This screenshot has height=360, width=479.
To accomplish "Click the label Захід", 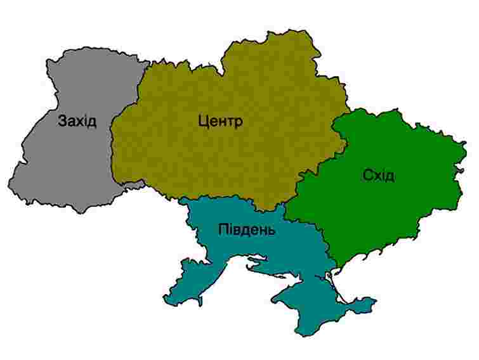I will click(77, 120).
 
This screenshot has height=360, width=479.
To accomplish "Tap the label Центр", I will click(220, 121).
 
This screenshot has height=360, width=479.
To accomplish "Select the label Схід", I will click(379, 175).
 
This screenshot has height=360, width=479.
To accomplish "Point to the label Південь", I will click(247, 229).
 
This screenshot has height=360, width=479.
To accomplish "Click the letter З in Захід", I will click(62, 120).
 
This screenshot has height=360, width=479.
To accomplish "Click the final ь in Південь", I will click(272, 230).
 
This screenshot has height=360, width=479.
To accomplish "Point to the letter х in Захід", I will click(77, 121).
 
